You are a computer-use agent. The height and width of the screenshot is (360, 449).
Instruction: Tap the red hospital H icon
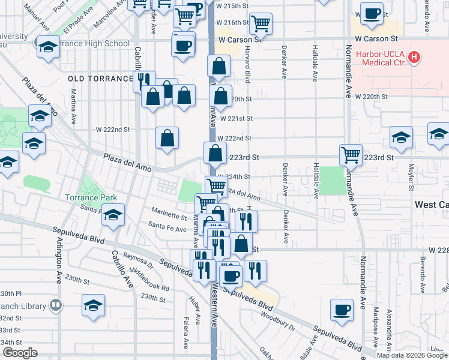(414, 58)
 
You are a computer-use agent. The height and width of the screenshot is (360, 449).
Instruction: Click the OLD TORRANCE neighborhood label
(100, 79)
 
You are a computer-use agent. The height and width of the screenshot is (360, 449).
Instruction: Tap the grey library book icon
(56, 305)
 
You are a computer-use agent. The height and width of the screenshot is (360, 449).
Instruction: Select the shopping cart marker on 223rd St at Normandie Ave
(351, 154)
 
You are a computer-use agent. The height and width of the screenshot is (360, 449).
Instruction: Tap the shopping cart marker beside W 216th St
(261, 23)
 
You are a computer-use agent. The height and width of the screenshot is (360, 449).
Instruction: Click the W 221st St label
(234, 118)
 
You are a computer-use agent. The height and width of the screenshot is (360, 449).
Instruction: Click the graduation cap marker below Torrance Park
(112, 214)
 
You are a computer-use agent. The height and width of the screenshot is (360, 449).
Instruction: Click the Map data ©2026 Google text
(411, 355)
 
